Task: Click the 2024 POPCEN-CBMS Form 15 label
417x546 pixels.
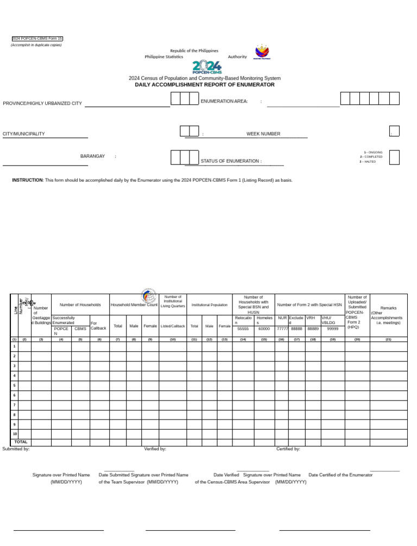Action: point(37,39)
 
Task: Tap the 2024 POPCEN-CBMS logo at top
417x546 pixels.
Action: point(207,67)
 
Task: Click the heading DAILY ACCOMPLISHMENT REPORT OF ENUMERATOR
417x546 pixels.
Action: point(205,85)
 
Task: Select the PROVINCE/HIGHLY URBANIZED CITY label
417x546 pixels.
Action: point(42,103)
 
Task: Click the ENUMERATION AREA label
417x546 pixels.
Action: point(224,101)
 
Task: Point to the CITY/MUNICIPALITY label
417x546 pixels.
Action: point(24,134)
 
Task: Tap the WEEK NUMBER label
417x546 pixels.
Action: point(263,134)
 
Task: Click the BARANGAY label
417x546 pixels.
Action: point(93,156)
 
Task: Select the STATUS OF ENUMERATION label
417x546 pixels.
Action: point(231,161)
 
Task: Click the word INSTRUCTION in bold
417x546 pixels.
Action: point(27,180)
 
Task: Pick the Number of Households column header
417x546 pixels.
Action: point(80,305)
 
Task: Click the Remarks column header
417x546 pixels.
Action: point(388,308)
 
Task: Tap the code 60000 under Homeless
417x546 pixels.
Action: point(264,328)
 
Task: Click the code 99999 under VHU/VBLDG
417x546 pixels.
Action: point(332,328)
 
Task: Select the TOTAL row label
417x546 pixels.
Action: point(21,442)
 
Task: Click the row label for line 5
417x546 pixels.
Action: point(15,385)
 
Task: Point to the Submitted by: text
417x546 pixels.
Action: point(16,449)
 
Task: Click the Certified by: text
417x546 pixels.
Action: point(288,449)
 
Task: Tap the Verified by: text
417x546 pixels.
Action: point(155,449)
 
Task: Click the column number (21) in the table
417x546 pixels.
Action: point(388,339)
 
